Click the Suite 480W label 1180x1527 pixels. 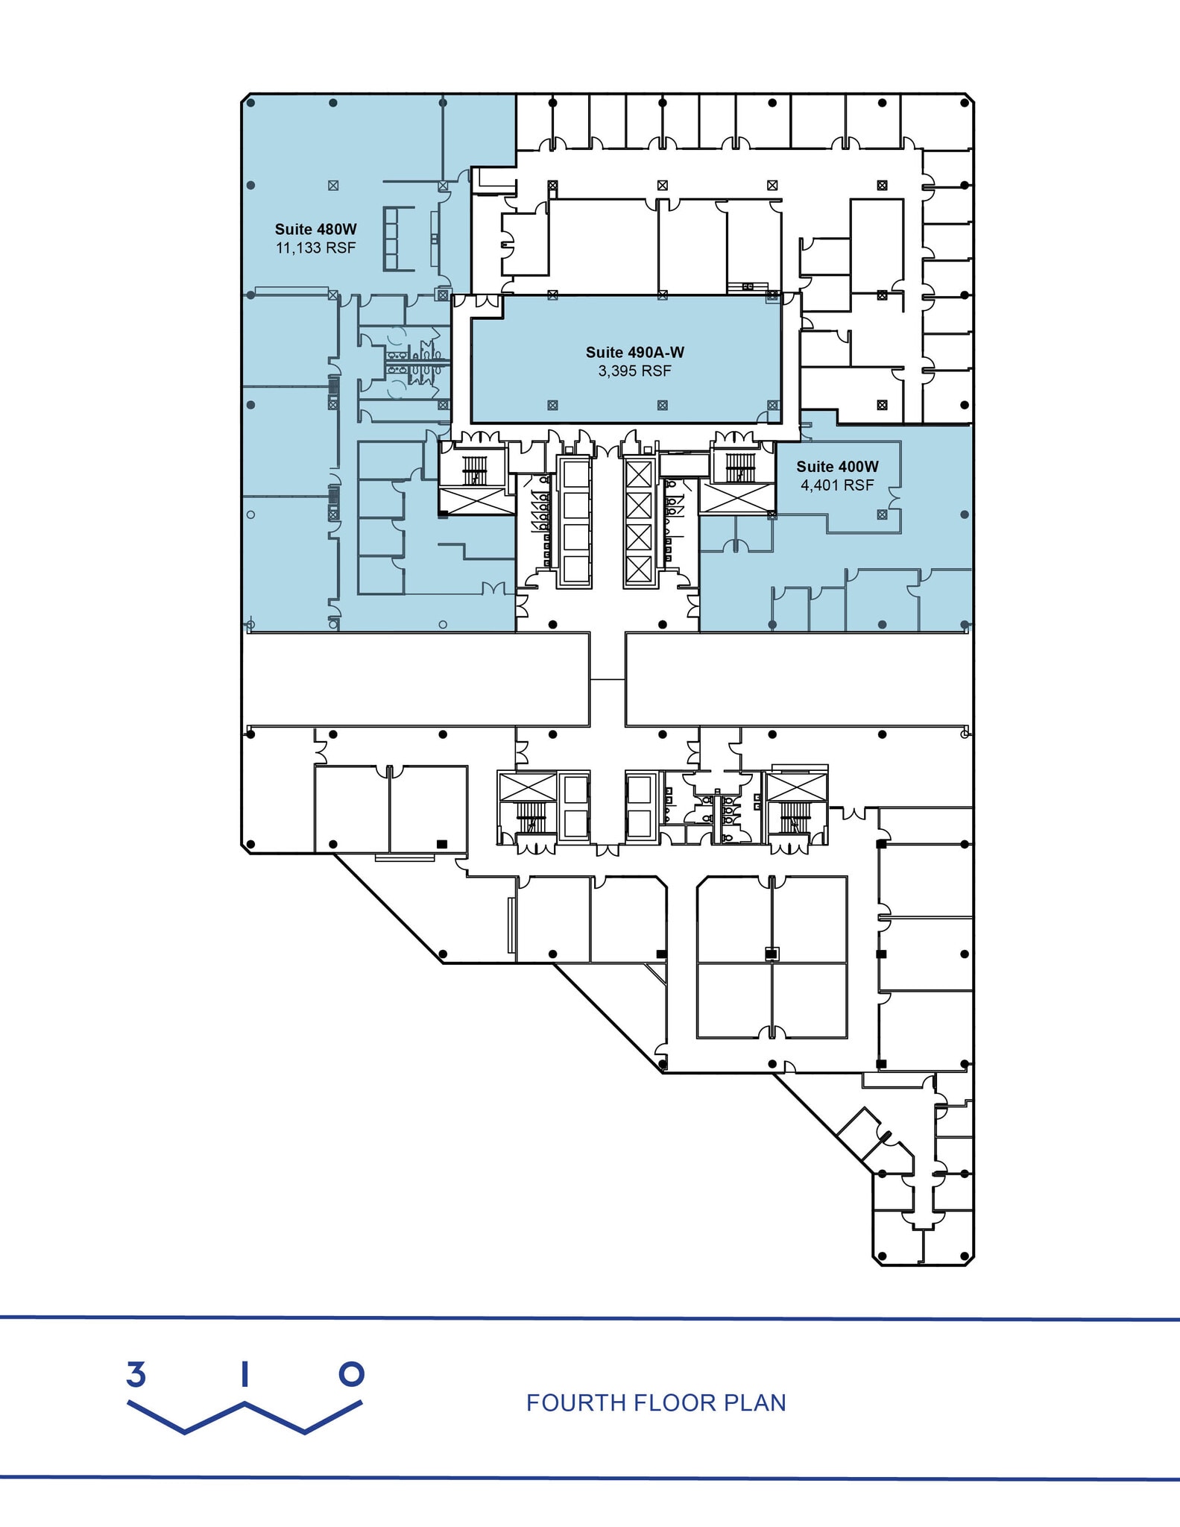click(x=315, y=230)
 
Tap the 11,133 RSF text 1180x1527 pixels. click(x=315, y=248)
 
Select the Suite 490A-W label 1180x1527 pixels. click(x=634, y=353)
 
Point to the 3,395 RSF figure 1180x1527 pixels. click(x=634, y=371)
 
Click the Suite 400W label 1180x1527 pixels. click(x=837, y=467)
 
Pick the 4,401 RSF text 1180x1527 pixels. click(x=837, y=485)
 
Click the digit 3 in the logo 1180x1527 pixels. click(x=136, y=1373)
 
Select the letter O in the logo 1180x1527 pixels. click(x=351, y=1373)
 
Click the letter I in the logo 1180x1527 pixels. click(x=244, y=1373)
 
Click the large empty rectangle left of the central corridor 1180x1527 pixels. click(x=416, y=679)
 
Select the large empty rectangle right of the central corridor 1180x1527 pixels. click(x=798, y=679)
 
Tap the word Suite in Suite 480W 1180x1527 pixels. click(x=293, y=230)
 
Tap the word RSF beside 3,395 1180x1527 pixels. click(x=657, y=371)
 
